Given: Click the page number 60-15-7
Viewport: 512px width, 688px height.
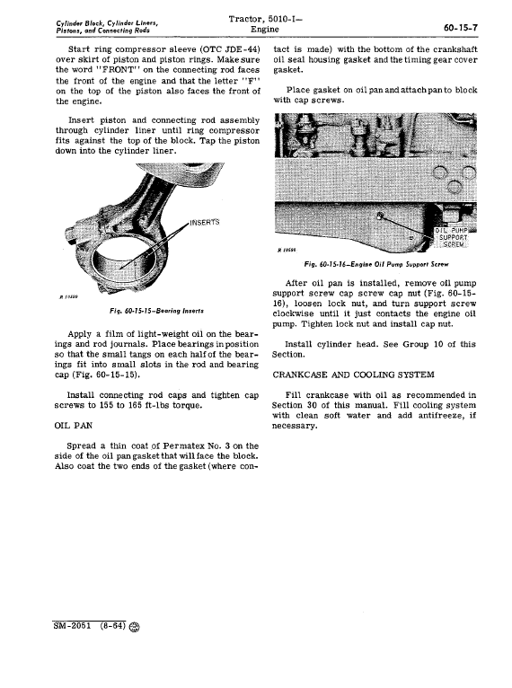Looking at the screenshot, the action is (x=460, y=28).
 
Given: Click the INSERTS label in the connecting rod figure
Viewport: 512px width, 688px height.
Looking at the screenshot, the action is (x=205, y=222).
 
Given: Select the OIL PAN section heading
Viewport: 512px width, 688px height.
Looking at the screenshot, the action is (x=74, y=426).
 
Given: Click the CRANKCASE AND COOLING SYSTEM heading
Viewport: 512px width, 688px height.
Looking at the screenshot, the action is (x=353, y=375).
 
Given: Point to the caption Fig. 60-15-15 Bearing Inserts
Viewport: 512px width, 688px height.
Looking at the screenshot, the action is (x=156, y=311).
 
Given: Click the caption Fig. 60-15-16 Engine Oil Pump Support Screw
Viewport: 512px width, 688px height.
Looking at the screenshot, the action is (x=376, y=265).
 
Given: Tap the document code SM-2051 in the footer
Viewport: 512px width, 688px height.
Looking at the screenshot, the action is (x=72, y=625).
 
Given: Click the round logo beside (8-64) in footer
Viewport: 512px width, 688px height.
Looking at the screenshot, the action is (x=135, y=627).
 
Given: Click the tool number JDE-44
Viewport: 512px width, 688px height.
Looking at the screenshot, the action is (x=241, y=49).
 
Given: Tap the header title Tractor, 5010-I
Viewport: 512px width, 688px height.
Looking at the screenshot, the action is (x=265, y=19).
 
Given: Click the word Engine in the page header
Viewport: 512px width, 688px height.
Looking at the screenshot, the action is (x=265, y=30).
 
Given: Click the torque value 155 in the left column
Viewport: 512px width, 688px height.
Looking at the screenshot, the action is (x=106, y=405).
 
